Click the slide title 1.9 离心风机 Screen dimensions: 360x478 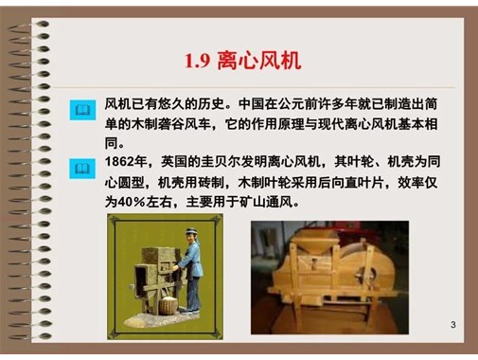click(x=242, y=61)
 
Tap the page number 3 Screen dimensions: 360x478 click(x=453, y=326)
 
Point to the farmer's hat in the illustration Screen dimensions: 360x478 click(x=190, y=232)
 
